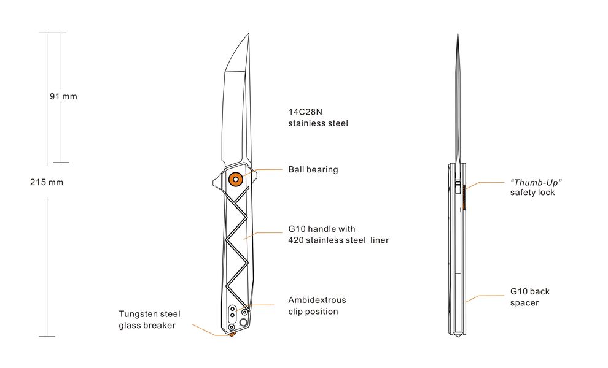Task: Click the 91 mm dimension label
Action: coord(63,97)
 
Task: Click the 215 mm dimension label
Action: coord(46,182)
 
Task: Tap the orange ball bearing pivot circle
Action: coord(235,179)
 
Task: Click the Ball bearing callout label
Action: coord(313,169)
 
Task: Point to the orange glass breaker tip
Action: coord(232,335)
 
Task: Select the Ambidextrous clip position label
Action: coord(317,305)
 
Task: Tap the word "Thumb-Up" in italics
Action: coord(536,183)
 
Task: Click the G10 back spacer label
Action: coord(529,297)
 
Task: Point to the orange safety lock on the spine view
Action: coord(464,196)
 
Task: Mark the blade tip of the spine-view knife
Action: coord(458,36)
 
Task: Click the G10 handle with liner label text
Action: coord(338,234)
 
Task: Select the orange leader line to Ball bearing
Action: coord(265,169)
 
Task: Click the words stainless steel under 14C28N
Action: coord(318,123)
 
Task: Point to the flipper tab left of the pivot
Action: coord(216,182)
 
